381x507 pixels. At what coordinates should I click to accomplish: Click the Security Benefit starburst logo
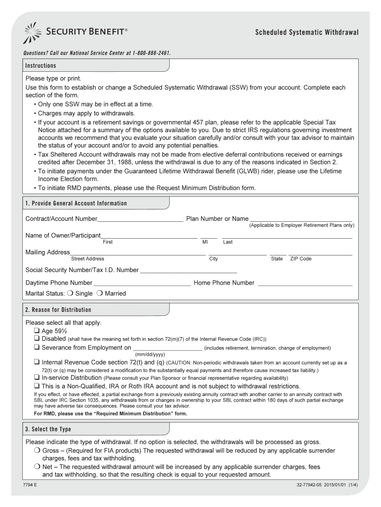(33, 33)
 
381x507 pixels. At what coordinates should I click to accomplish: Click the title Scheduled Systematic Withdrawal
(307, 33)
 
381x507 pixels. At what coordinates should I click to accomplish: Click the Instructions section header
(41, 66)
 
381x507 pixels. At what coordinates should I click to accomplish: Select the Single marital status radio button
(70, 294)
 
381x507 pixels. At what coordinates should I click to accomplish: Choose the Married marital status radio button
(99, 294)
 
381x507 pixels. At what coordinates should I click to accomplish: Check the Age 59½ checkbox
(37, 331)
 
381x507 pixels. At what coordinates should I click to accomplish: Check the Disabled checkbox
(37, 339)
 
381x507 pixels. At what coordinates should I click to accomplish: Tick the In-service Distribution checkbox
(37, 377)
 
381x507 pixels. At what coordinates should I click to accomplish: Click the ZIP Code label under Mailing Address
(300, 259)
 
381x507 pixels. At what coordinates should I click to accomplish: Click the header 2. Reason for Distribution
(58, 310)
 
